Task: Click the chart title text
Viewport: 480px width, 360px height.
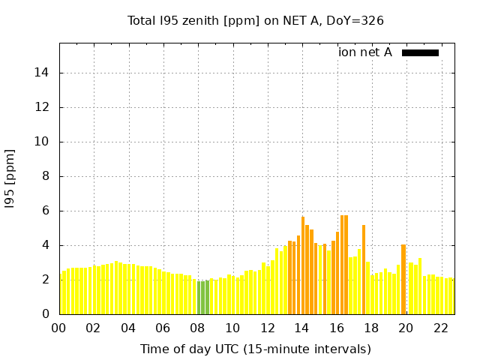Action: tap(256, 21)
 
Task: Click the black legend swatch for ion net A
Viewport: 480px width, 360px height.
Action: tap(420, 52)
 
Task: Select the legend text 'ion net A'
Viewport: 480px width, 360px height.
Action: tap(365, 52)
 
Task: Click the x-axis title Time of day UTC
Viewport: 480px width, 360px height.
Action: tap(256, 349)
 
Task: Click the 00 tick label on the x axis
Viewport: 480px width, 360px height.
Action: tap(59, 328)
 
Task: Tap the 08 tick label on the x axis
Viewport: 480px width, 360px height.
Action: tap(198, 328)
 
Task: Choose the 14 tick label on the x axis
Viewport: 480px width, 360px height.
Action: tap(302, 328)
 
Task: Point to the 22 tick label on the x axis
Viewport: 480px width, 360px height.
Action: tap(441, 328)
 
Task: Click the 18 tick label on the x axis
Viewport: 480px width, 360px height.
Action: tap(371, 328)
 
